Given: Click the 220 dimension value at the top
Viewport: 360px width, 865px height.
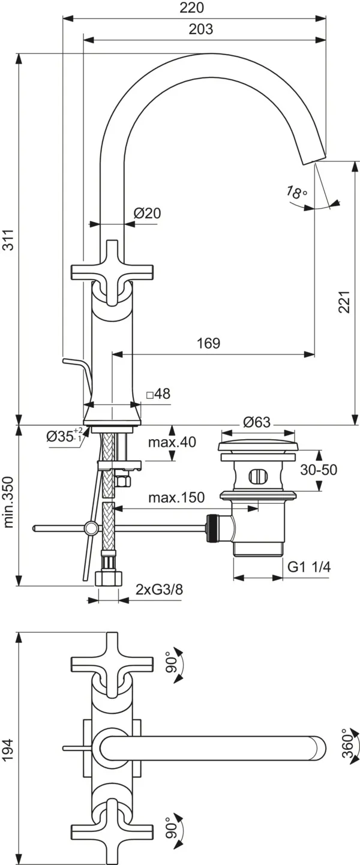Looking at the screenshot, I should [x=192, y=8].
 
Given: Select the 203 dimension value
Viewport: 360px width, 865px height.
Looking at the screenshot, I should [x=200, y=29].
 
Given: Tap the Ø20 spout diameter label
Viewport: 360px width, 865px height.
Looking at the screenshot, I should [x=147, y=213].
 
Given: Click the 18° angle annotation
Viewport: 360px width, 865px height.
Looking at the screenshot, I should [x=296, y=193].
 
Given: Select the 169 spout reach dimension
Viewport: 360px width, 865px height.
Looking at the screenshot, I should [x=208, y=343].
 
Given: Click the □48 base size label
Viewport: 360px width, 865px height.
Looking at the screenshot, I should [x=158, y=394].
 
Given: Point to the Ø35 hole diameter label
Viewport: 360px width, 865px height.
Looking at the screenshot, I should [x=64, y=436].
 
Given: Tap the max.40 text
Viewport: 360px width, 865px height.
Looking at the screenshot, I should [x=172, y=442].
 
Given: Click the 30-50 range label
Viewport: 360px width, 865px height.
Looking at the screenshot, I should [x=320, y=470].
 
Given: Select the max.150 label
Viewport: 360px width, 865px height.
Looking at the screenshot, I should [x=176, y=497].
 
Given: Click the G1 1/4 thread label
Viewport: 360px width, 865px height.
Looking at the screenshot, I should [x=310, y=567].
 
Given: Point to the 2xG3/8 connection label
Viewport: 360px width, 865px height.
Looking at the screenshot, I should [x=159, y=589].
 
